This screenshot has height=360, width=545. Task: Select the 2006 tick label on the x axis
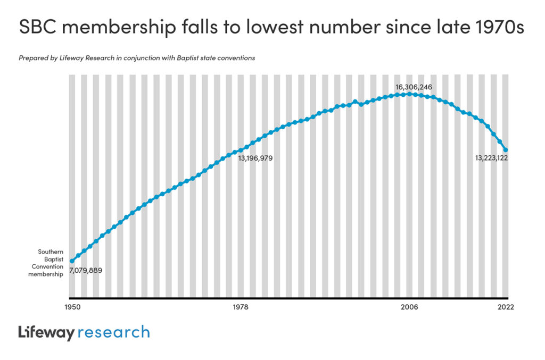click(409, 307)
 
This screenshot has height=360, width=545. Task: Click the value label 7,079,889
click(86, 270)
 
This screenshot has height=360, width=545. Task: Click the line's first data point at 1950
click(72, 261)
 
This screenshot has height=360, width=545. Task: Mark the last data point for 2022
click(506, 150)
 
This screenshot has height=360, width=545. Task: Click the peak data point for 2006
click(409, 94)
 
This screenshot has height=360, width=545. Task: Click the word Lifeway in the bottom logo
click(46, 333)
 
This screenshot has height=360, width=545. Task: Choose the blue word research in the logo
click(114, 333)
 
